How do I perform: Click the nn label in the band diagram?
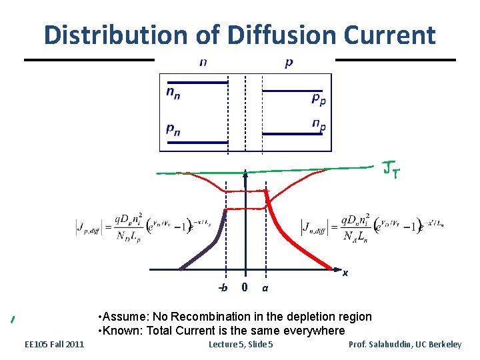point(173,92)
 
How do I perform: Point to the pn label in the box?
point(173,129)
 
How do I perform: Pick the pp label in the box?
point(319,98)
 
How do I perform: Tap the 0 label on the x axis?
point(245,287)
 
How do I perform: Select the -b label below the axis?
point(223,288)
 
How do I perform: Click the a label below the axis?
point(265,288)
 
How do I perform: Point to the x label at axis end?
point(345,273)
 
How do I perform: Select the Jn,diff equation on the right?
point(371,227)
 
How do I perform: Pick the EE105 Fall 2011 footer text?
point(54,344)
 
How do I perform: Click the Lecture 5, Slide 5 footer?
point(241,344)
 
